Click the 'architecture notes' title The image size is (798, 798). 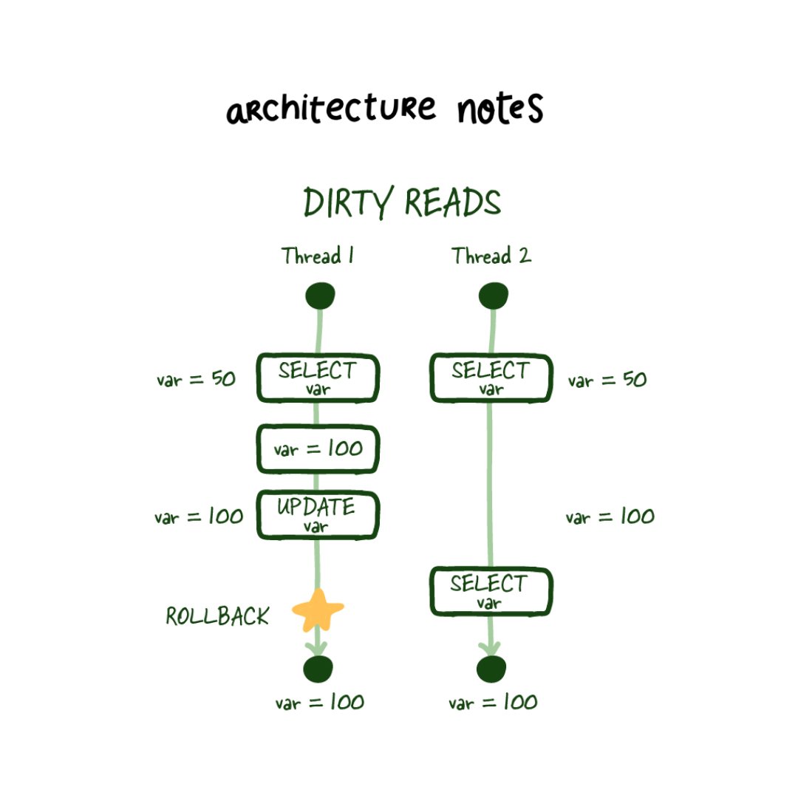[385, 109]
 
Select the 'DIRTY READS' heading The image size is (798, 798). [402, 202]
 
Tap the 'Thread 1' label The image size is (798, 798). [317, 256]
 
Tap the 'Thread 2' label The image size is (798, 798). [491, 256]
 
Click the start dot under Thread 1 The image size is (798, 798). [320, 296]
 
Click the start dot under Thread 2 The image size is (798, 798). [493, 296]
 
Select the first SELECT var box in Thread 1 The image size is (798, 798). [318, 378]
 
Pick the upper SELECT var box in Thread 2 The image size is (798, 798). [491, 378]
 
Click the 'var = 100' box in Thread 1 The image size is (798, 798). [318, 449]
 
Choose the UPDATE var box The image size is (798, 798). [318, 515]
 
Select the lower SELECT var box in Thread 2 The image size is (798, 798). [491, 591]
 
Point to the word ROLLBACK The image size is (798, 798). [217, 616]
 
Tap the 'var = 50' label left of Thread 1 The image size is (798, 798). [196, 380]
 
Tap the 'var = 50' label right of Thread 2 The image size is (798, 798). [607, 381]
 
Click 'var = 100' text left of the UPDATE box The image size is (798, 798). [199, 516]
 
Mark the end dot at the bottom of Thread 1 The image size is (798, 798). [318, 669]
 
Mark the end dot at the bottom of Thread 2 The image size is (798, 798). [491, 669]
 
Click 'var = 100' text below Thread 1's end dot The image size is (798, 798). [320, 702]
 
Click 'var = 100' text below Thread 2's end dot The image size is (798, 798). [493, 702]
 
